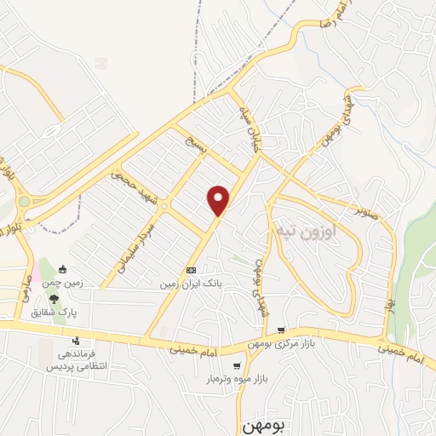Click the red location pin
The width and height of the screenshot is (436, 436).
click(x=220, y=199)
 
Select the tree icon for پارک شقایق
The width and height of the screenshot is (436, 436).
click(x=54, y=299)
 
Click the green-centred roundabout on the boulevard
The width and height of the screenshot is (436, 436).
click(x=24, y=203)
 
